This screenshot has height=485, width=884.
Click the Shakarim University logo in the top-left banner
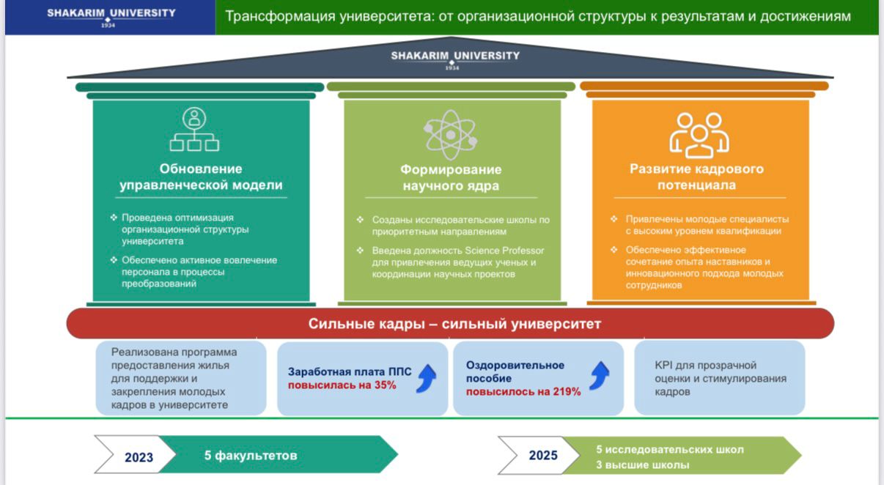(x=111, y=16)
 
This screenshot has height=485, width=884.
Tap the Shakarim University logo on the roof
(x=455, y=59)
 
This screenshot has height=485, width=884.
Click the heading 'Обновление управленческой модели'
(x=201, y=177)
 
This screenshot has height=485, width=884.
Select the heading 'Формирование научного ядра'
(x=451, y=178)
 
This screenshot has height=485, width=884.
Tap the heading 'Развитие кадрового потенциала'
(x=696, y=177)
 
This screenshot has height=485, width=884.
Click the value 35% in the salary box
(x=385, y=385)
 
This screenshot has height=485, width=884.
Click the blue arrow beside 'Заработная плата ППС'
(x=427, y=379)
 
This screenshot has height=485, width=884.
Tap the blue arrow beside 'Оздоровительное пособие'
(x=600, y=376)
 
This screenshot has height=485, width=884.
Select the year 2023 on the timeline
(x=139, y=457)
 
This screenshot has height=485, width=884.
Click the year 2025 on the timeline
(x=543, y=456)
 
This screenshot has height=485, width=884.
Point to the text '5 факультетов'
(x=251, y=456)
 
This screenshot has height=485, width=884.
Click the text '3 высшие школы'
(x=642, y=465)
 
